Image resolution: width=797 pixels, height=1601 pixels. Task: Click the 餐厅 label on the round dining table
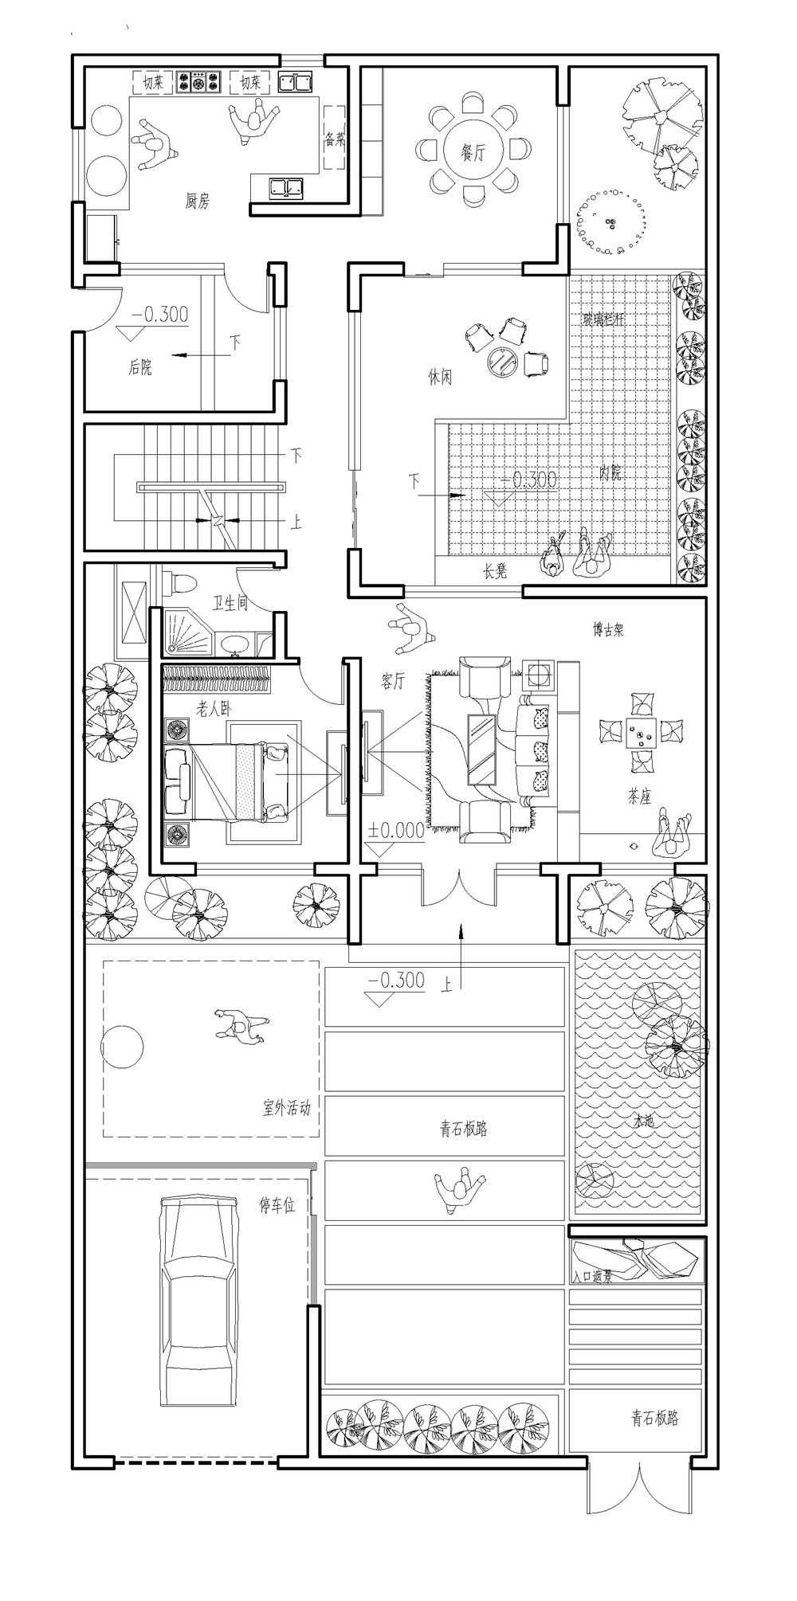coord(474,153)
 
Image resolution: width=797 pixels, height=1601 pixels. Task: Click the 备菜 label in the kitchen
coord(335,140)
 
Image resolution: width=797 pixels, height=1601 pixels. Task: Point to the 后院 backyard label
coord(140,367)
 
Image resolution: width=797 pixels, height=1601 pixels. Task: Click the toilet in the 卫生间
coord(183,583)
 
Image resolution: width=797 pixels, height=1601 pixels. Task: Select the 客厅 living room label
coord(393,682)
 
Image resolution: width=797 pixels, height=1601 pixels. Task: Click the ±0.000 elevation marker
coord(396,830)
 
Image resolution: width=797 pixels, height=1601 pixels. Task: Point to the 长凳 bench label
coord(495,571)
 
